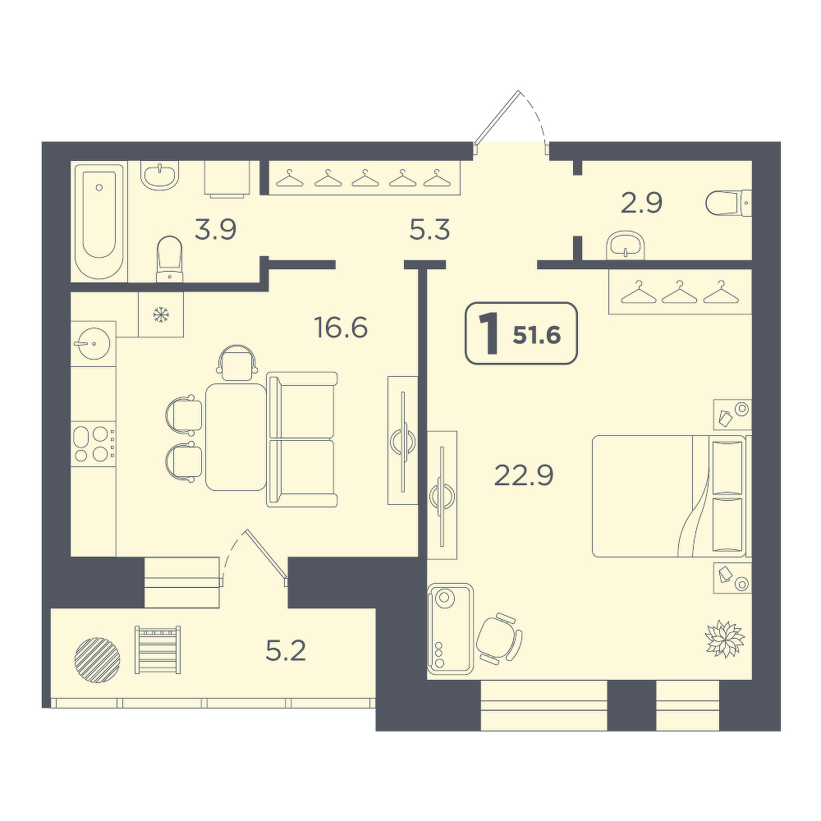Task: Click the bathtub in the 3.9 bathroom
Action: pyautogui.click(x=99, y=222)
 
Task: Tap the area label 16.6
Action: pyautogui.click(x=341, y=328)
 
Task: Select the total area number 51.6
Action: pyautogui.click(x=537, y=336)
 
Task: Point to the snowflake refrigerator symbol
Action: pyautogui.click(x=161, y=314)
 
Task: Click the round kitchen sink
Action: pyautogui.click(x=92, y=343)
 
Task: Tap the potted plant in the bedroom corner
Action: pyautogui.click(x=725, y=638)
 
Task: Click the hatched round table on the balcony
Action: pyautogui.click(x=98, y=659)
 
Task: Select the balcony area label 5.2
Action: pyautogui.click(x=286, y=651)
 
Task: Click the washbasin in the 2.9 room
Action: pyautogui.click(x=626, y=245)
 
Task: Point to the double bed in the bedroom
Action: pyautogui.click(x=672, y=496)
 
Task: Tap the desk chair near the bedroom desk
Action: pyautogui.click(x=499, y=639)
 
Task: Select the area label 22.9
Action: pyautogui.click(x=524, y=475)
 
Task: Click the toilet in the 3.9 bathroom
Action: pyautogui.click(x=170, y=258)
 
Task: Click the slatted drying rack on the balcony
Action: pyautogui.click(x=158, y=649)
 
